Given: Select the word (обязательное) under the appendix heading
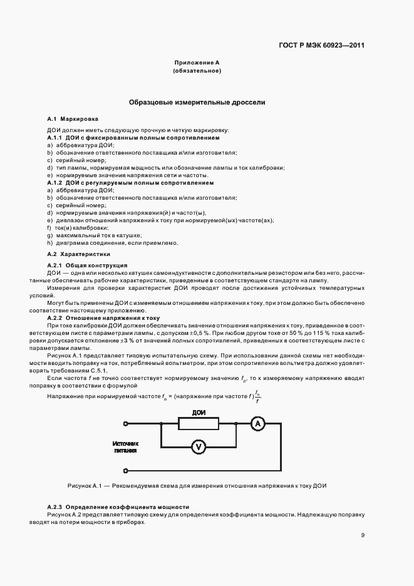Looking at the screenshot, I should point(197,71).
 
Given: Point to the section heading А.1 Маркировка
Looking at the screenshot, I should point(72,118).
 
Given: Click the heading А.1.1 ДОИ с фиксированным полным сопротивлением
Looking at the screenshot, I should point(133,136).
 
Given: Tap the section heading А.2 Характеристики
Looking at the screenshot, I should point(79,255).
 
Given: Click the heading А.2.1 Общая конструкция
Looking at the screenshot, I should point(87,265).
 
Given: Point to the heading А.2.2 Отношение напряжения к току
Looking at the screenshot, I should point(103,317).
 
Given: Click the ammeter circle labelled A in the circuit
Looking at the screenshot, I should point(256,424).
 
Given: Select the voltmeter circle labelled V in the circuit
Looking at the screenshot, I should point(199,446).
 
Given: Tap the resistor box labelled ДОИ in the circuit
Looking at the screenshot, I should point(199,424).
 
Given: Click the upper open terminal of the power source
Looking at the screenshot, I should point(126,424).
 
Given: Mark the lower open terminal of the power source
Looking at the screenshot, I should point(126,470).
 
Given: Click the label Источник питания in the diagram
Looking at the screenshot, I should point(125,446).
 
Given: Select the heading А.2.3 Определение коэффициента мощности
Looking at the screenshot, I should point(118,506).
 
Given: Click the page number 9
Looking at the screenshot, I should point(363,535).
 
